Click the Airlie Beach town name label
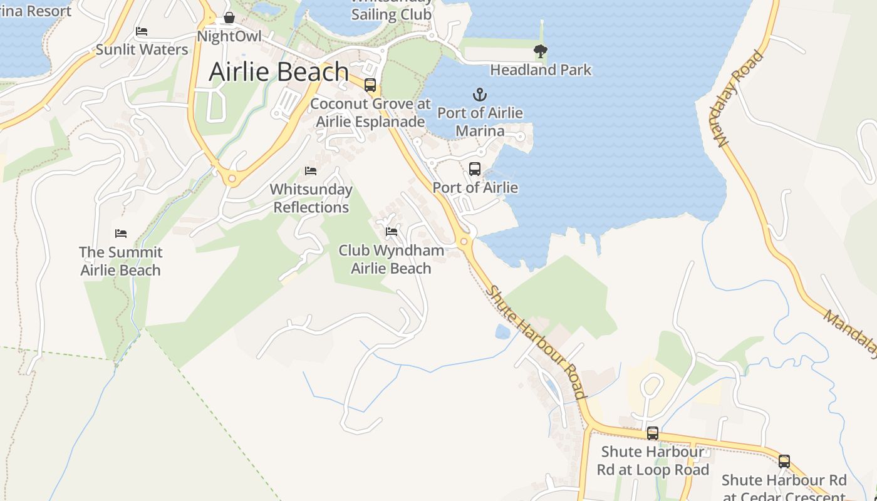(x=279, y=72)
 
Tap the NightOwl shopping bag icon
(x=229, y=18)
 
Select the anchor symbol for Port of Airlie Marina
(x=479, y=95)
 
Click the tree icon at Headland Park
(x=540, y=51)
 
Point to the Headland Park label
(x=541, y=70)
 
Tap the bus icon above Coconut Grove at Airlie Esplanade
(x=370, y=85)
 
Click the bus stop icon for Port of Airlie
(x=475, y=168)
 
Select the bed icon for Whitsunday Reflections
(x=311, y=170)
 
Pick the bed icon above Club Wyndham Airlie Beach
(x=392, y=232)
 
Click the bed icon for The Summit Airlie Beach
(x=121, y=234)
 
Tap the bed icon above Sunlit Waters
(x=142, y=31)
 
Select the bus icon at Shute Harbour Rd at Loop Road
(x=653, y=433)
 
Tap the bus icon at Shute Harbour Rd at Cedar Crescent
(x=784, y=462)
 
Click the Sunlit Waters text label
(x=142, y=49)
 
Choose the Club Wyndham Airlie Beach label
(x=392, y=259)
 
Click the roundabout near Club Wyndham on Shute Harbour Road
(x=464, y=242)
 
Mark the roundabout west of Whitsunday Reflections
(x=232, y=179)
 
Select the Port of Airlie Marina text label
(x=480, y=121)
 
